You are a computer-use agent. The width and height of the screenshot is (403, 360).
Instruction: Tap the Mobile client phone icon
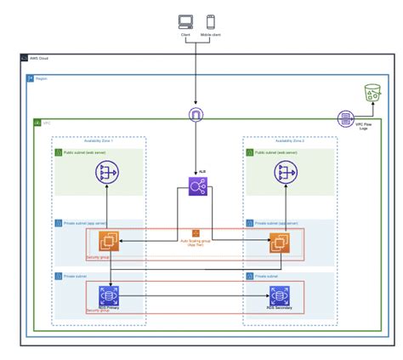(209, 23)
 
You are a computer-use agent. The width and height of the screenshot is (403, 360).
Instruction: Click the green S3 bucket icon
(371, 94)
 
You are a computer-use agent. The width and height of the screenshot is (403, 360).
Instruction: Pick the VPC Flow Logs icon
(345, 118)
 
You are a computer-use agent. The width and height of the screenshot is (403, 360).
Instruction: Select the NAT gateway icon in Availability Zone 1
(107, 174)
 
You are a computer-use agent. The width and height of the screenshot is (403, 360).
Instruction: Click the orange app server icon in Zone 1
(108, 243)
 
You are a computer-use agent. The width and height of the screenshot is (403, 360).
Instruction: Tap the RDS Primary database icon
(108, 296)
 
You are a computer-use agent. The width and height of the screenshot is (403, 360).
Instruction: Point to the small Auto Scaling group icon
(195, 232)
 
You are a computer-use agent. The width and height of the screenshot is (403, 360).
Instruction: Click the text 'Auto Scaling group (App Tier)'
(195, 243)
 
